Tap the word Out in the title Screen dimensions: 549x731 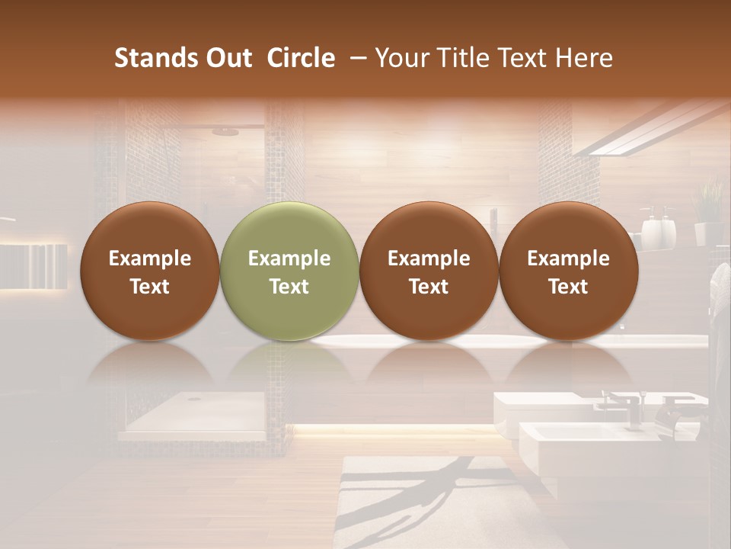pos(227,58)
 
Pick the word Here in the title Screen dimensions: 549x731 pos(585,58)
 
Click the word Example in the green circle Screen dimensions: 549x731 pos(289,258)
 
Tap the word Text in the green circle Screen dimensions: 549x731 pos(289,287)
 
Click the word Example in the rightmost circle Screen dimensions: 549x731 pos(568,258)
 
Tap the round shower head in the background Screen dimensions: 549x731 pos(225,132)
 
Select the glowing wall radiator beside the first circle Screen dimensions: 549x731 pos(34,265)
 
